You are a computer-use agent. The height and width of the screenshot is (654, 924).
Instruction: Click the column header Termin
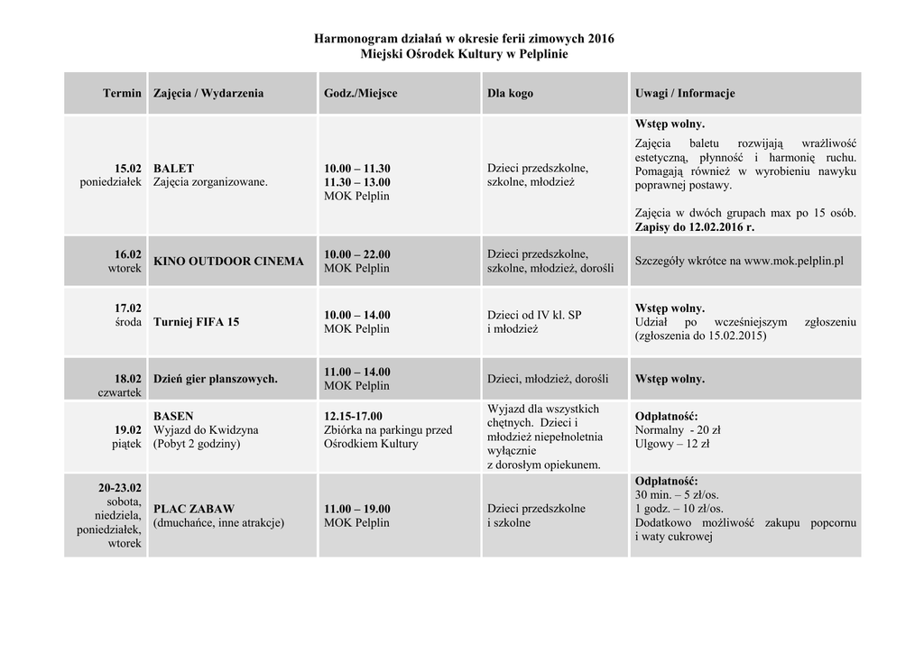[122, 93]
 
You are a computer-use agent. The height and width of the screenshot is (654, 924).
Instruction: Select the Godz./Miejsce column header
[360, 93]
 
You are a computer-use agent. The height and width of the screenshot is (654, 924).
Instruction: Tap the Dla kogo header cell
[510, 93]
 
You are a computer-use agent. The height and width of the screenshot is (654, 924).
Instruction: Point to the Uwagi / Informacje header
[684, 93]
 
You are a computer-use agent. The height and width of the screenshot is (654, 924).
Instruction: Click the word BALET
[173, 169]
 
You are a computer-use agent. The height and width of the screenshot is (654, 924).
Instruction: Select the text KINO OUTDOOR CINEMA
[228, 262]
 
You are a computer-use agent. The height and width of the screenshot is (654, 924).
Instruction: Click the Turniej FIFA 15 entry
[196, 321]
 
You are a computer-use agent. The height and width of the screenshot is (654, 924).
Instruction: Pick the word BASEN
[173, 417]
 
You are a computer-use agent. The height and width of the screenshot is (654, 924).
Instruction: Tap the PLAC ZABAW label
[194, 509]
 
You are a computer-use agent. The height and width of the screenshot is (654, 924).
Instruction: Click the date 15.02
[128, 169]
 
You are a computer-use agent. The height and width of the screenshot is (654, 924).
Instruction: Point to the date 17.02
[128, 308]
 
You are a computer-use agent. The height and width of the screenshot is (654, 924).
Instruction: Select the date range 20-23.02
[120, 488]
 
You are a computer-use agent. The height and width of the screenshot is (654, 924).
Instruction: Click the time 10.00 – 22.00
[357, 254]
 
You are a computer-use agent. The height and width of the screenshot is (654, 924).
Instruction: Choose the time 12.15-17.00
[353, 417]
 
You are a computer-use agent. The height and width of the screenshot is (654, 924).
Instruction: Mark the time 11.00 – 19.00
[357, 509]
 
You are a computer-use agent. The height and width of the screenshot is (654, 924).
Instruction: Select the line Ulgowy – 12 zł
[672, 444]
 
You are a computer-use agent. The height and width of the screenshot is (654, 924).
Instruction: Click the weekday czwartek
[120, 392]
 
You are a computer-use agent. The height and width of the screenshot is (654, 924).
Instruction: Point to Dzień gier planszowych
[216, 379]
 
